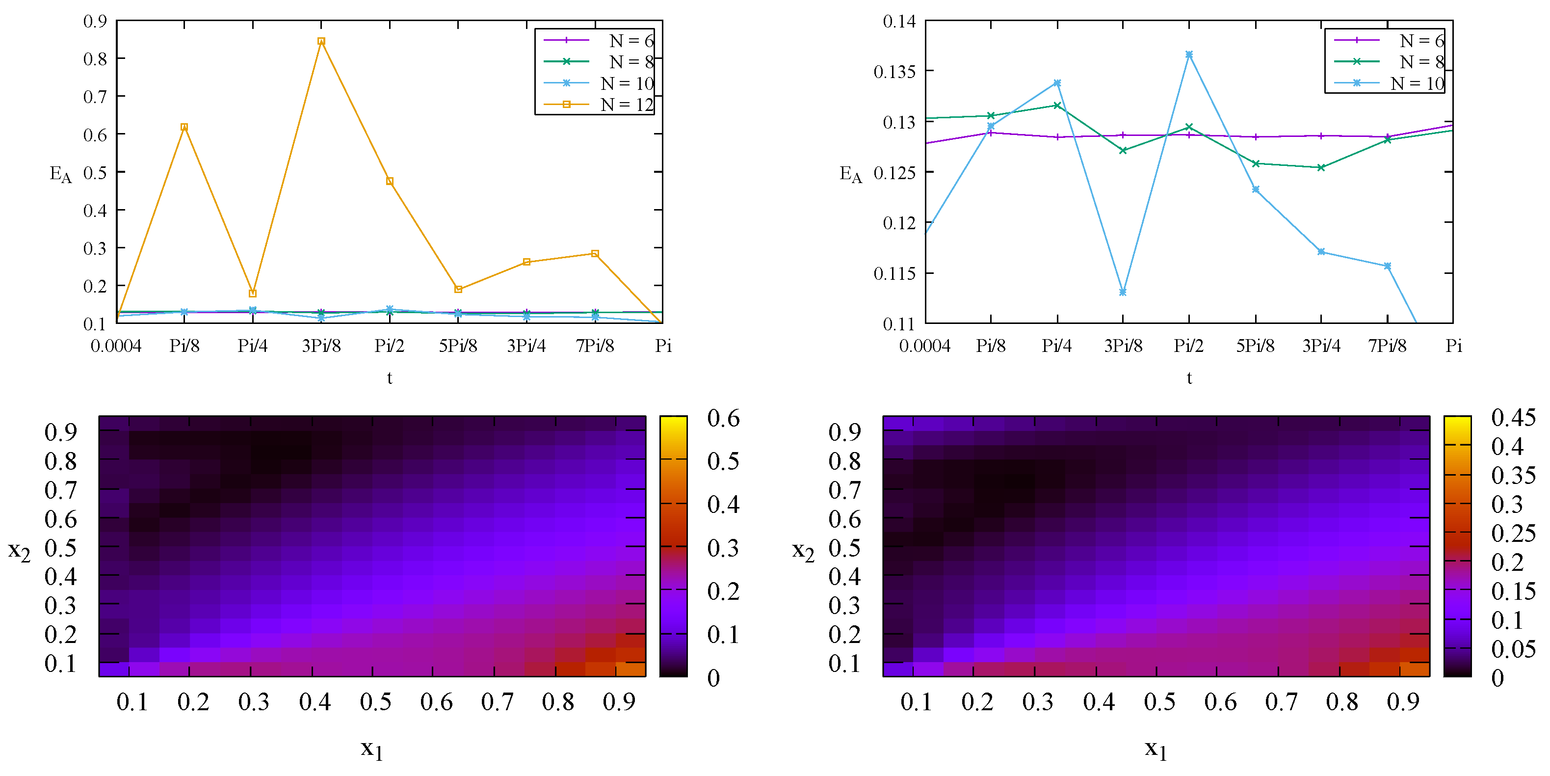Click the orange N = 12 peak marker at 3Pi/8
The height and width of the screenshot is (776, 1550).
321,41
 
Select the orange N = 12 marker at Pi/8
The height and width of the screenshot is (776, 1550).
184,127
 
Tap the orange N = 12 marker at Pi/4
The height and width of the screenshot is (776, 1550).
253,293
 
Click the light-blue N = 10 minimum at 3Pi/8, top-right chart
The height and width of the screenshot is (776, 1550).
1123,292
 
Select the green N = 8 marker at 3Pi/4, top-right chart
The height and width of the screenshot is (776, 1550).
1321,167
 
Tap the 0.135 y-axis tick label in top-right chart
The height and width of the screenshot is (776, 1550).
894,72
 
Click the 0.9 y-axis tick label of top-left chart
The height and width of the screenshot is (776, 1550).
95,22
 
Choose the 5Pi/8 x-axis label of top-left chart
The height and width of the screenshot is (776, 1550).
458,346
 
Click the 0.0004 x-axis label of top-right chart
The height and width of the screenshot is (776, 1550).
924,346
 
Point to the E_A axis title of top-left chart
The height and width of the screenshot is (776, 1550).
60,175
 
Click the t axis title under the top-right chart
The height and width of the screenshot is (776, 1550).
1189,378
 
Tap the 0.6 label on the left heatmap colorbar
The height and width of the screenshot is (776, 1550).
723,418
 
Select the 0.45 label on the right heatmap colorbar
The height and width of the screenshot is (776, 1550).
1513,417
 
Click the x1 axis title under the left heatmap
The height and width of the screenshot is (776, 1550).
372,749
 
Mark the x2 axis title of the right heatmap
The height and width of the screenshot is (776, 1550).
803,550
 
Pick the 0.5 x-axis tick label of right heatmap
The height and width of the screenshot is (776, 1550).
1159,702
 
